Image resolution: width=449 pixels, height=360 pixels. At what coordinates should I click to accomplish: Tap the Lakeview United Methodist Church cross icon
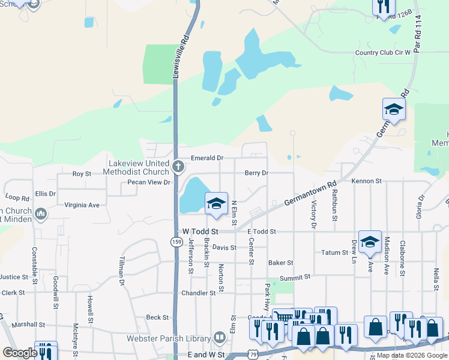[177, 166]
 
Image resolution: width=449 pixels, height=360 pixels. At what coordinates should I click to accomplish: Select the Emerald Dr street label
[207, 158]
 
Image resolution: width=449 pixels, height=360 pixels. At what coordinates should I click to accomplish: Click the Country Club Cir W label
[382, 52]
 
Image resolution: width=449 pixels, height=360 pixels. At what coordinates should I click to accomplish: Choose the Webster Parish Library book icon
[220, 339]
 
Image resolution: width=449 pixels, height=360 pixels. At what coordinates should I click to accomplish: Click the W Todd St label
[199, 231]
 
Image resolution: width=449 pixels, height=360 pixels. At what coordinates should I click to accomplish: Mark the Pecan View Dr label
[146, 181]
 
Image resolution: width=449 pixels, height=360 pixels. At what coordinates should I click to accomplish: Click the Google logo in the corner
[19, 352]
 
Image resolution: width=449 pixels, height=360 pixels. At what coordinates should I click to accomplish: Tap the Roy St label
[82, 173]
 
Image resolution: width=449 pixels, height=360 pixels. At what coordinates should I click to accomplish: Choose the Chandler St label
[199, 293]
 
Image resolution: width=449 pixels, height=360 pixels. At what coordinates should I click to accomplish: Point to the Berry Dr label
[256, 173]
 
